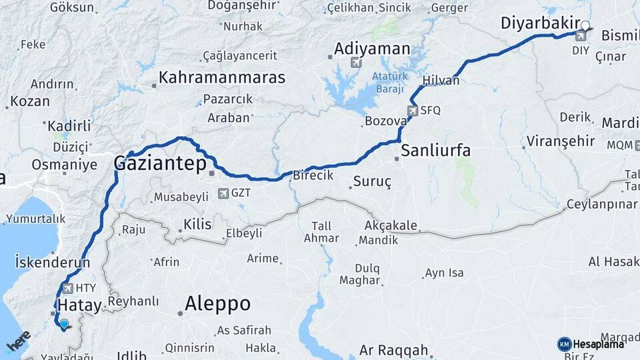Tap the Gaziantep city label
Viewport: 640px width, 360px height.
coord(159,163)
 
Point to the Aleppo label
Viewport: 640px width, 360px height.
coord(217,304)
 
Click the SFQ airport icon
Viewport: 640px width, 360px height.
coord(413,111)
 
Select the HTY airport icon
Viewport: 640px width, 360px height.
coord(67,288)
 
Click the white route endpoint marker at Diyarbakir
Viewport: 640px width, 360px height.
coord(585,27)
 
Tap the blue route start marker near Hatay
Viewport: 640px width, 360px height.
coord(63,324)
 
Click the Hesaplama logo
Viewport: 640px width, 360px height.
coord(591,344)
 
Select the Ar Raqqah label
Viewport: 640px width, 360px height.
coord(393,350)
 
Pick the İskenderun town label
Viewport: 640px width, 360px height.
coord(52,262)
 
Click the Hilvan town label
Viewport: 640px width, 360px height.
coord(441,80)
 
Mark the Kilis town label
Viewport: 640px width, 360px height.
coord(197,225)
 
